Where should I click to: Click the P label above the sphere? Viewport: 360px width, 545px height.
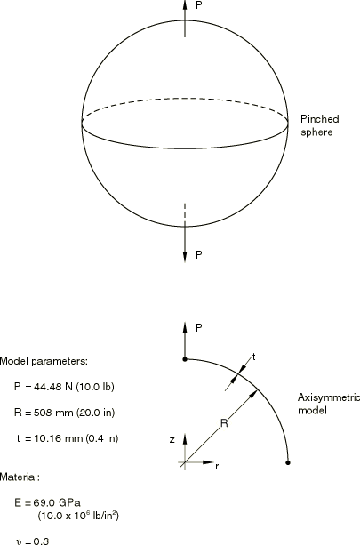[199, 5]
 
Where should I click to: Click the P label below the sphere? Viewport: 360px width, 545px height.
[199, 255]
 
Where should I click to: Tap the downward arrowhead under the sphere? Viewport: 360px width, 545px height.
[185, 257]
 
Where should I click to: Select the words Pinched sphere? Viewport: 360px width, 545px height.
[320, 125]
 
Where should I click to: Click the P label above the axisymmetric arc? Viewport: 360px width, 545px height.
[199, 328]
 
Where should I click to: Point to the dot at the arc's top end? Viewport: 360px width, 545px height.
[185, 359]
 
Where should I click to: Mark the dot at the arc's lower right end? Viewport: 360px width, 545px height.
[288, 462]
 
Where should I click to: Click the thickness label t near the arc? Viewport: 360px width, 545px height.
[254, 357]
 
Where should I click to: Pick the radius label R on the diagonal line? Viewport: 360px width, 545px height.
[225, 423]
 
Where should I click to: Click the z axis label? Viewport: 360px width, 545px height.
[172, 440]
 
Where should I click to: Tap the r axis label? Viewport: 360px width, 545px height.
[217, 467]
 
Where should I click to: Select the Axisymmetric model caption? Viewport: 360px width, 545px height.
[329, 404]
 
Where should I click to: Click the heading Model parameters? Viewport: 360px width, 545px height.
[44, 362]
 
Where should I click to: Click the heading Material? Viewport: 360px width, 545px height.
[20, 477]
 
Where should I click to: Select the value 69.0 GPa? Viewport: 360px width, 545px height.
[57, 503]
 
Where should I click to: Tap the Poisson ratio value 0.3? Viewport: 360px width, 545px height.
[42, 541]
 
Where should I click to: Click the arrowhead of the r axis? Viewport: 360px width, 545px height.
[208, 462]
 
